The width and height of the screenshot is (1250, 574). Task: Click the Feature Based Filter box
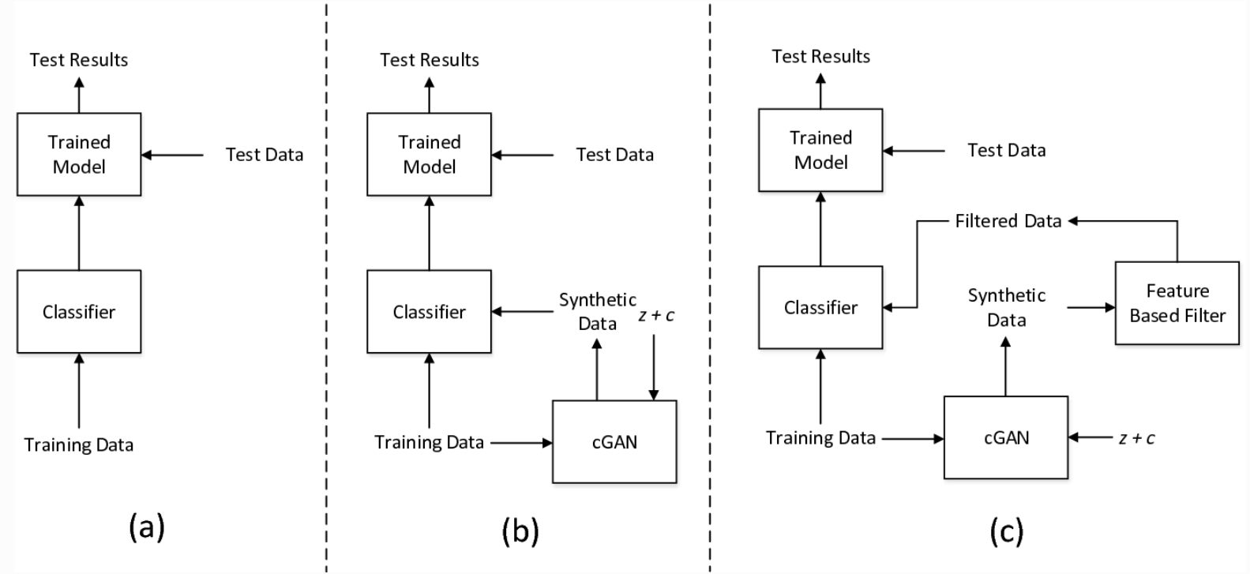pyautogui.click(x=1177, y=303)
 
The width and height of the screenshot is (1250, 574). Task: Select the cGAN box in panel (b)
pyautogui.click(x=614, y=441)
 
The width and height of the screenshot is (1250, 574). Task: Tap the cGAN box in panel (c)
pyautogui.click(x=1006, y=437)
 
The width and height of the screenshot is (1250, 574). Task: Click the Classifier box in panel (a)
pyautogui.click(x=79, y=312)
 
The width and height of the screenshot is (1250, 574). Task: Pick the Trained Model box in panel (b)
pyautogui.click(x=429, y=154)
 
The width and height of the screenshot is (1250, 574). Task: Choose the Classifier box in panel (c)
pyautogui.click(x=820, y=307)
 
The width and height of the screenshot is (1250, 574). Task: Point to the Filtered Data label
pyautogui.click(x=1008, y=221)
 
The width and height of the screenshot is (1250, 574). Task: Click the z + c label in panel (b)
pyautogui.click(x=656, y=315)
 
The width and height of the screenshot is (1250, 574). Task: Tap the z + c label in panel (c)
pyautogui.click(x=1136, y=438)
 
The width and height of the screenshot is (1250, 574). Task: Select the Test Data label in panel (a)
pyautogui.click(x=265, y=155)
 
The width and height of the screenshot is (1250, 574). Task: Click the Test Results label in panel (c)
pyautogui.click(x=820, y=56)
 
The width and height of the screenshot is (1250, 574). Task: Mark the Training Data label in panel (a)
pyautogui.click(x=79, y=445)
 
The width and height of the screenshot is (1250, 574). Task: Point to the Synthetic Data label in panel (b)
pyautogui.click(x=597, y=311)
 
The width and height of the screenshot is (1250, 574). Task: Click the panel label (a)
pyautogui.click(x=147, y=527)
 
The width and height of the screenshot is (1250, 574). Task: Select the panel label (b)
pyautogui.click(x=520, y=531)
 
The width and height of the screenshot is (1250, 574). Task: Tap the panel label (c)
pyautogui.click(x=1006, y=531)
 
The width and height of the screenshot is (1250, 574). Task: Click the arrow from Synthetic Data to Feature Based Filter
pyautogui.click(x=1090, y=307)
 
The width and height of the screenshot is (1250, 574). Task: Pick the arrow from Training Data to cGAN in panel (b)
pyautogui.click(x=521, y=443)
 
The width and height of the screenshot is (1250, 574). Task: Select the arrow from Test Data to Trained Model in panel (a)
pyautogui.click(x=172, y=156)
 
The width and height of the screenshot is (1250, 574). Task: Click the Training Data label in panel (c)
pyautogui.click(x=820, y=437)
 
